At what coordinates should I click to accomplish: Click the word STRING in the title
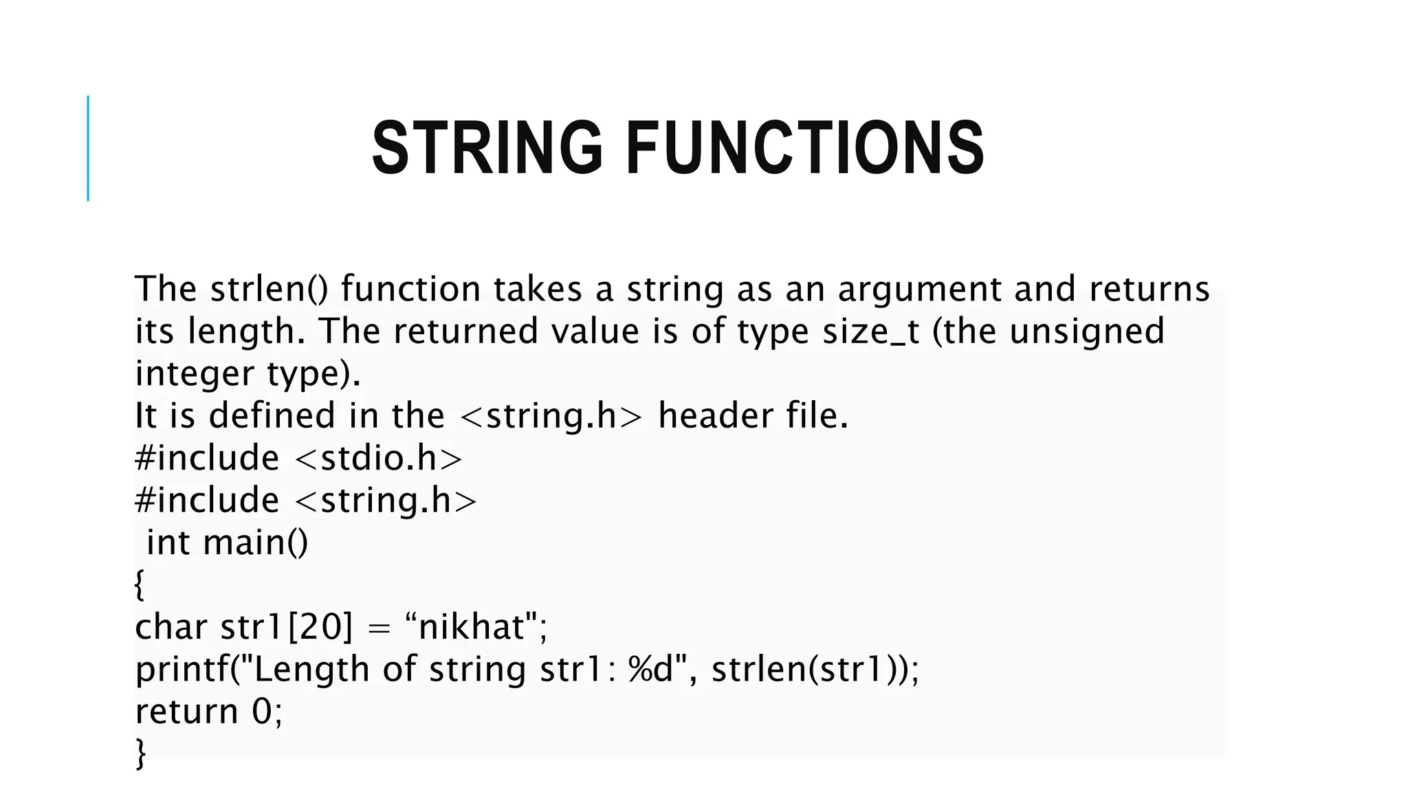click(487, 148)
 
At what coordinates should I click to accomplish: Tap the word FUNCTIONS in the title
click(805, 148)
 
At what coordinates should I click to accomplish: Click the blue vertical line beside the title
click(88, 148)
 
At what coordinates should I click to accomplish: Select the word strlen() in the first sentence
click(269, 289)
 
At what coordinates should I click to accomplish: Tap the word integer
click(195, 374)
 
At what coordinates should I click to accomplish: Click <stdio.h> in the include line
click(379, 459)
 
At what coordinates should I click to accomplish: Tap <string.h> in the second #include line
click(386, 500)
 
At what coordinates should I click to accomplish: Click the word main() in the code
click(256, 542)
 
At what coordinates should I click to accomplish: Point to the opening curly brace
click(140, 585)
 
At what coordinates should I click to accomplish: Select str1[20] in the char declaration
click(286, 627)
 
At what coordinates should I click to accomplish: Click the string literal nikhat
click(472, 627)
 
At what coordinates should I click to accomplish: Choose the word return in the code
click(186, 712)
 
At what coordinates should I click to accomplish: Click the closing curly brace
click(140, 753)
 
